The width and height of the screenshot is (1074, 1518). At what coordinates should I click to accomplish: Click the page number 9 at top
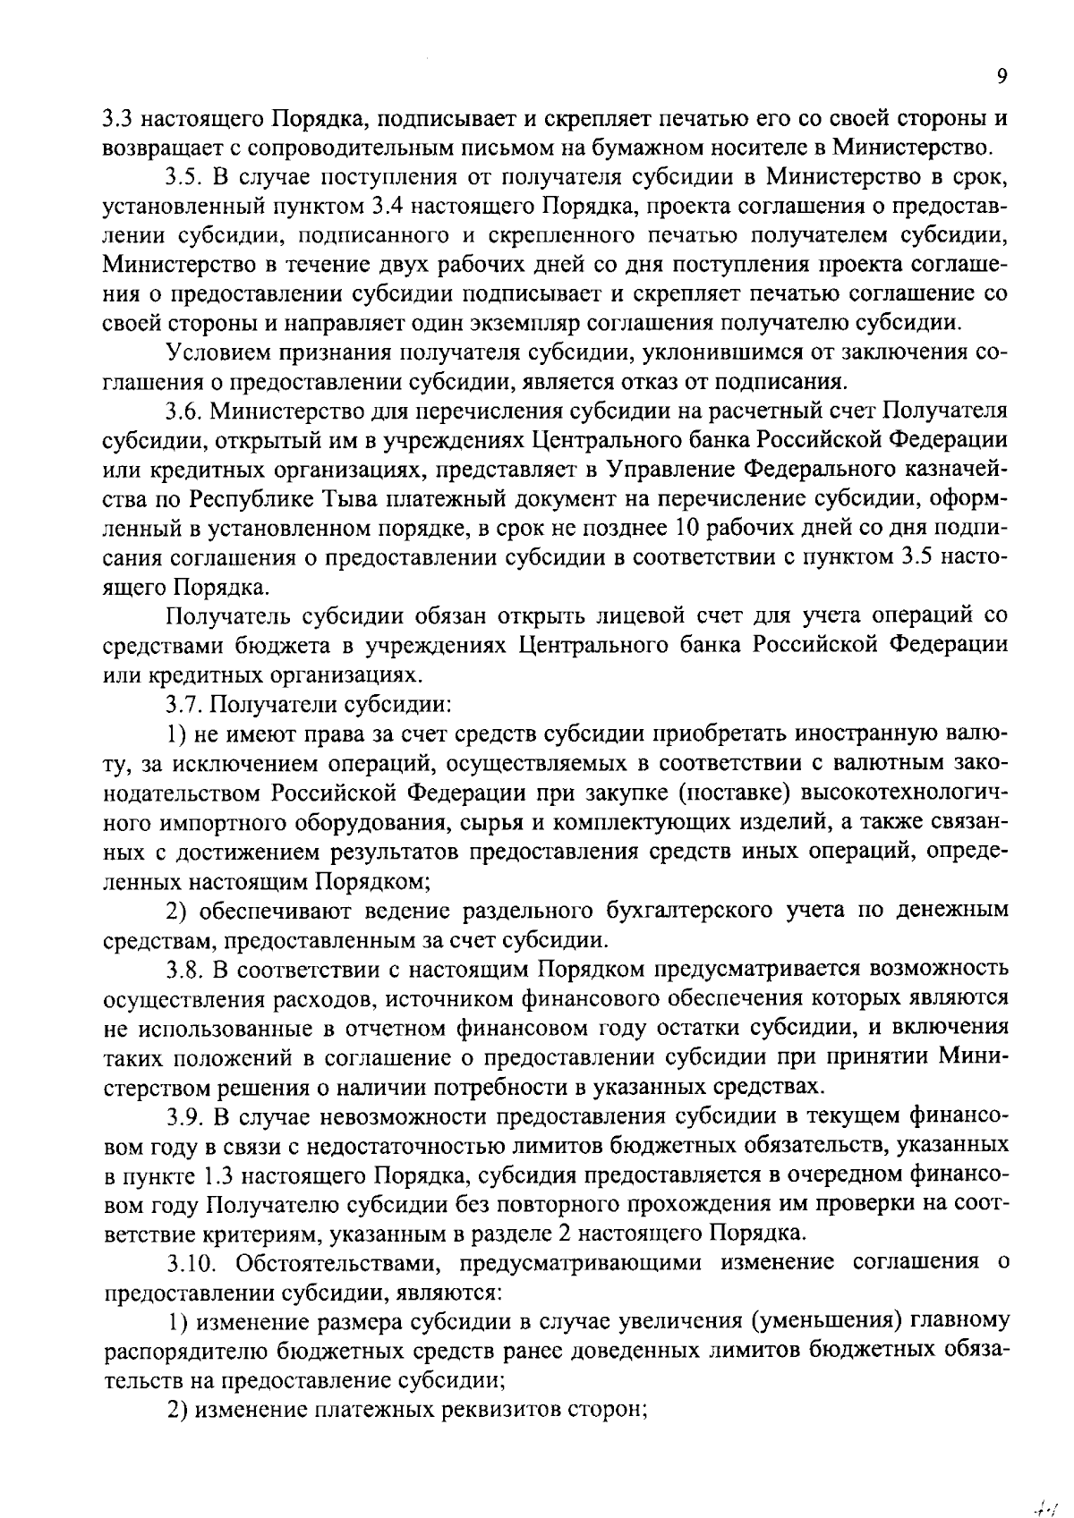tap(1002, 77)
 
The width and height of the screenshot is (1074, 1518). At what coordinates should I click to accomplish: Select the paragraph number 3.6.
tap(185, 411)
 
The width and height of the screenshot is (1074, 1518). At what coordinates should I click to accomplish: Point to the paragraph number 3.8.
tap(185, 970)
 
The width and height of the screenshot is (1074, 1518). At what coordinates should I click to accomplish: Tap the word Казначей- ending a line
tap(950, 470)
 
